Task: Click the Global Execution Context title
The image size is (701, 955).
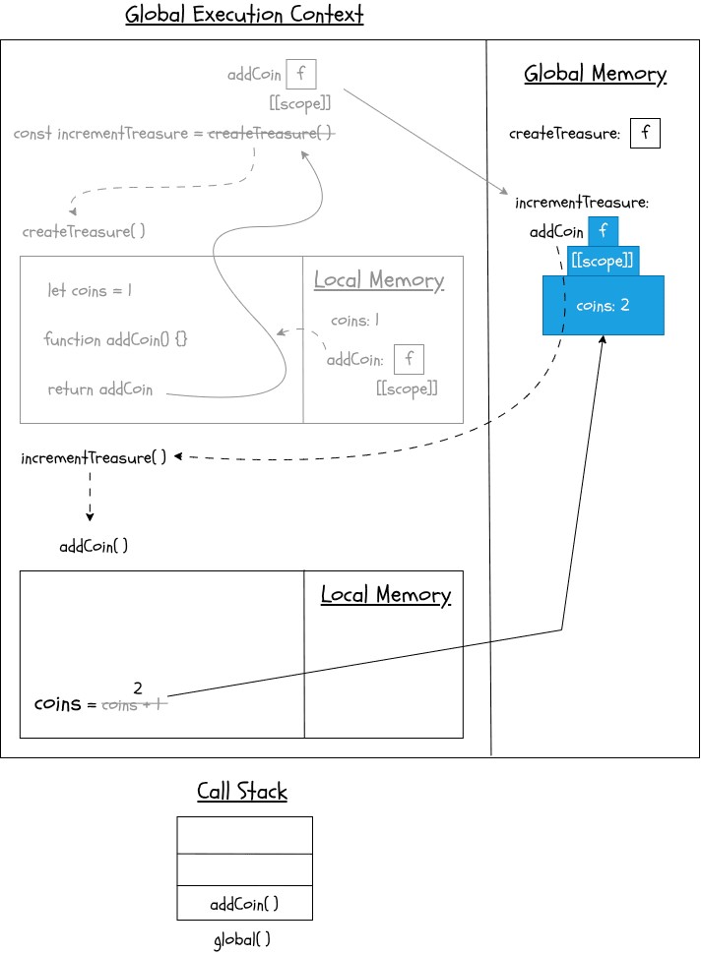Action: (244, 16)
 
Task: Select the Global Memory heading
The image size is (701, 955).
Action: (595, 74)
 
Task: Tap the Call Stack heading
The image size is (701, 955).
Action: (242, 792)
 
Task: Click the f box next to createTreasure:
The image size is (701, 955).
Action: (645, 133)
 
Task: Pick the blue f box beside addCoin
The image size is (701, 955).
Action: (603, 232)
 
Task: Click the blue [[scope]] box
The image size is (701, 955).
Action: (603, 262)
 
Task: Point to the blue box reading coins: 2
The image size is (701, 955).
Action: (603, 306)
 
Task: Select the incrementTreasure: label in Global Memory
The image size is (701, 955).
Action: (582, 203)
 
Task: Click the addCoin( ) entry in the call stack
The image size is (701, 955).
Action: (244, 904)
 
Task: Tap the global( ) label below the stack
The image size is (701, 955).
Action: (242, 939)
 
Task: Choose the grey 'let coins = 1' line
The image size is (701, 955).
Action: (90, 291)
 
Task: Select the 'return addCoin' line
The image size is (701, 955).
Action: (100, 389)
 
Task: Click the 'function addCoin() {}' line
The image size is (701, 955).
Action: (115, 339)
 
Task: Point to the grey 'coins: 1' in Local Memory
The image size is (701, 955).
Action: (354, 321)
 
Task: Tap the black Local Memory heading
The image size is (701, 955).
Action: (386, 595)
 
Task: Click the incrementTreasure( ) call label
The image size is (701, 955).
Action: (94, 458)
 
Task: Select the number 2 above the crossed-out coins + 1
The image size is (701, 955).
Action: (138, 687)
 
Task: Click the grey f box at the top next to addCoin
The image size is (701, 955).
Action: (300, 74)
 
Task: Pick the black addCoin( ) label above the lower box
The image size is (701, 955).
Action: (94, 547)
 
